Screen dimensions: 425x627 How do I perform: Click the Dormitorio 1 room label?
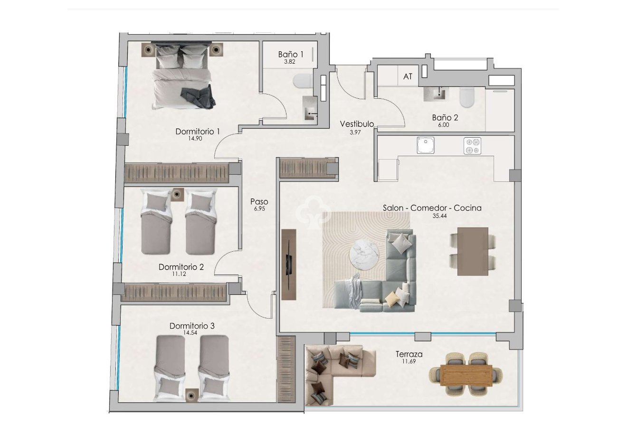point(197,132)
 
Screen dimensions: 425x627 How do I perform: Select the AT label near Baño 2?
point(408,76)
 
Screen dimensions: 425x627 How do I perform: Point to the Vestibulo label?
point(357,124)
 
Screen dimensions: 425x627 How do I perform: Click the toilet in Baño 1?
point(302,82)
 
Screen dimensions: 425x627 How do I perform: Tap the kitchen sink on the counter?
point(426,145)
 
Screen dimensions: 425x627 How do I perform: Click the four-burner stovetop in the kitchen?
point(472,146)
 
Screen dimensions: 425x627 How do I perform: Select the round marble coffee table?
point(364,256)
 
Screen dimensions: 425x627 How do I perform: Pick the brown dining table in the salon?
point(473,251)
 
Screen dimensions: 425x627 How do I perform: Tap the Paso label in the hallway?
point(259,202)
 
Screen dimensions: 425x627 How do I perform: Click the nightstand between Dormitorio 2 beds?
point(178,194)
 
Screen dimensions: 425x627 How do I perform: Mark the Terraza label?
point(408,354)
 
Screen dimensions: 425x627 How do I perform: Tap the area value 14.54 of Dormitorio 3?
point(192,333)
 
